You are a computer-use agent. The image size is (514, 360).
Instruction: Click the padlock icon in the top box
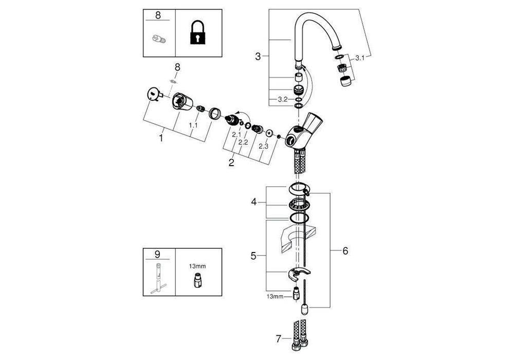[198, 34]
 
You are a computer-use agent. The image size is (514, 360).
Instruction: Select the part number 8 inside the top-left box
[158, 15]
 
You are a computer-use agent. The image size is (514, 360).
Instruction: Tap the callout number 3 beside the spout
[258, 56]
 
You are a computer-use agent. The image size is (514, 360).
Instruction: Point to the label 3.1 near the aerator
[359, 58]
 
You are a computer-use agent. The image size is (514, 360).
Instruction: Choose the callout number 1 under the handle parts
[161, 138]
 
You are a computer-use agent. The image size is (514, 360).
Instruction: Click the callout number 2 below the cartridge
[231, 163]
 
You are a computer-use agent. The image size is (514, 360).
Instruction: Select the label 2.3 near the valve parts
[263, 147]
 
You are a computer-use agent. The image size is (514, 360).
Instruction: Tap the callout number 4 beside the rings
[253, 202]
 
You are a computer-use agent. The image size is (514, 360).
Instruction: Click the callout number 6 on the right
[345, 250]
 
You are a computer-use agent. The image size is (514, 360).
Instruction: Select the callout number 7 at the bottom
[279, 338]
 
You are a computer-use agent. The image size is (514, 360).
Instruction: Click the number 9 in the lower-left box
[158, 254]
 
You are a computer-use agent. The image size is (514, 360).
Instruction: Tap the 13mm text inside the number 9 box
[198, 266]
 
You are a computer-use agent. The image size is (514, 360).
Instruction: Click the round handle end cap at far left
[153, 95]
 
